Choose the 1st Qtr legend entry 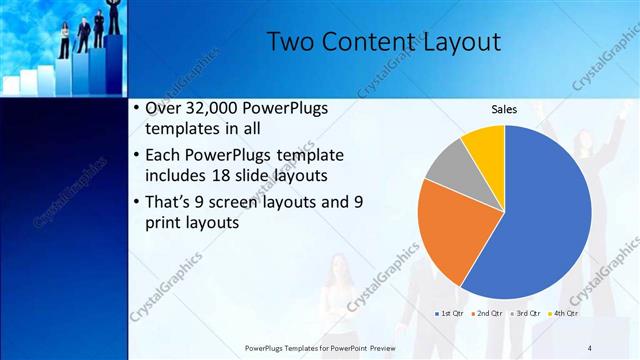click(451, 314)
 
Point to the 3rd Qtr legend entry click(527, 314)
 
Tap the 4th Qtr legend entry click(565, 314)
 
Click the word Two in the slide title click(293, 42)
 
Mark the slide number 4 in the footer click(589, 347)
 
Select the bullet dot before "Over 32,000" click(136, 108)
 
